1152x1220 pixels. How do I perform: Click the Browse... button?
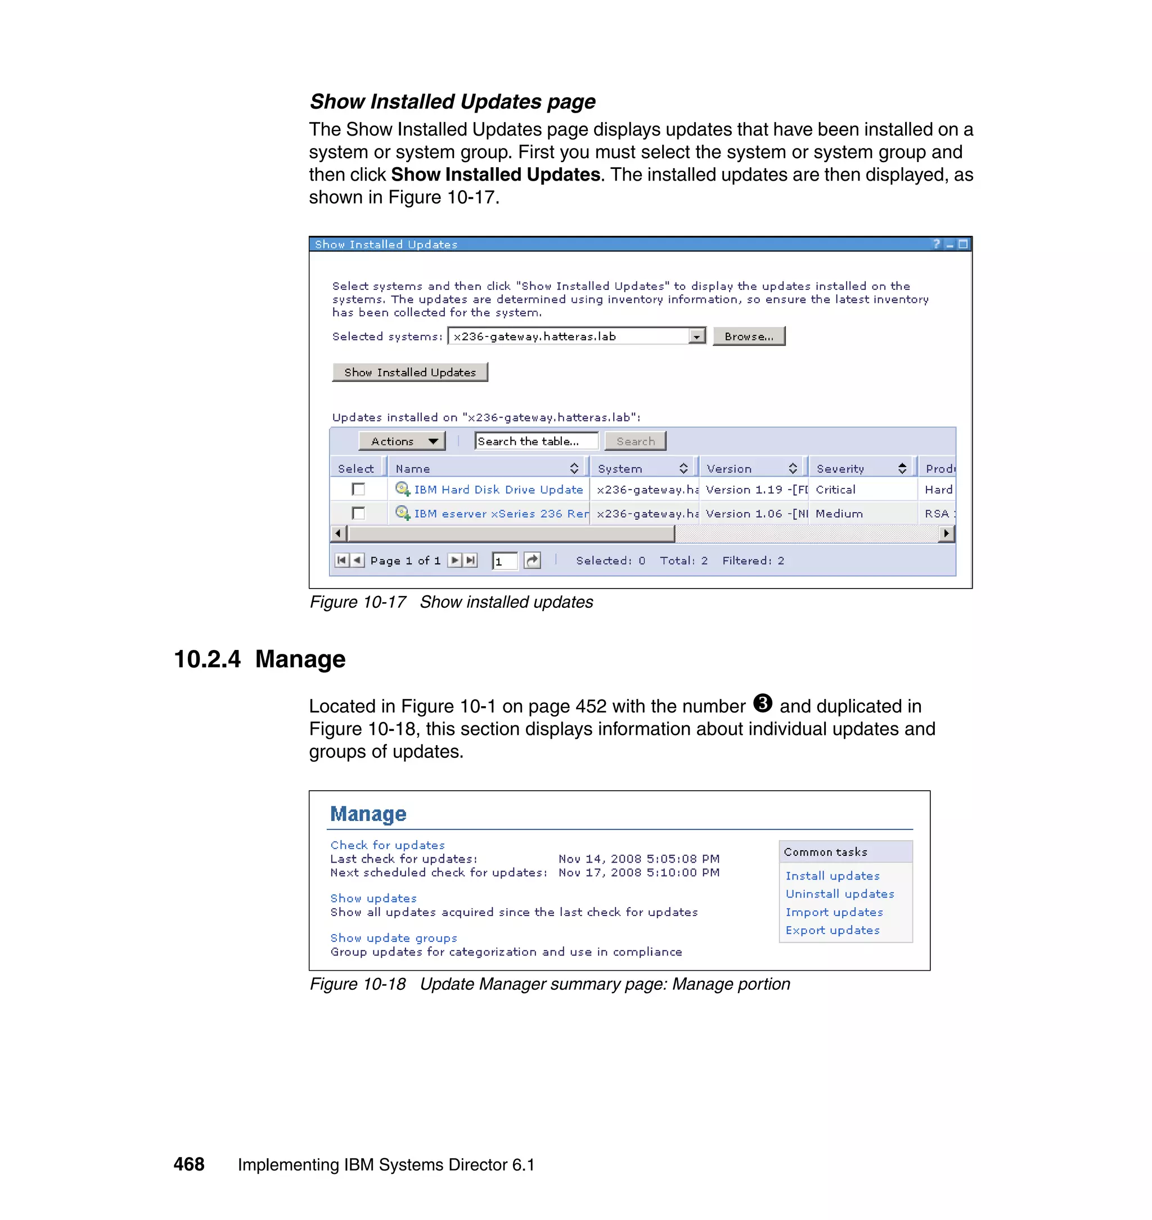(749, 336)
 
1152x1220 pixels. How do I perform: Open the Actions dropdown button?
(403, 441)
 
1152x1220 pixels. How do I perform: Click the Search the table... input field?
(535, 441)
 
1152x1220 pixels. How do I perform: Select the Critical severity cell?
(835, 490)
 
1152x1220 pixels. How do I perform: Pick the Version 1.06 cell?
(753, 514)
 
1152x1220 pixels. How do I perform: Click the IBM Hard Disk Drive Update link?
(498, 490)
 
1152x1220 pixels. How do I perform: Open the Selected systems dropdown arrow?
(696, 337)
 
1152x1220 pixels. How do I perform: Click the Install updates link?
(832, 876)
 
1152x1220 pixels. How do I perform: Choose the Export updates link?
(832, 930)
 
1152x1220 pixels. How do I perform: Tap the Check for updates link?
(388, 845)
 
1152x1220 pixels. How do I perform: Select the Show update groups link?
(394, 938)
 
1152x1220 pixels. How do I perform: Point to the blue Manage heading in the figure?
(368, 813)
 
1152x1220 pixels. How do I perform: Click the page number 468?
(188, 1164)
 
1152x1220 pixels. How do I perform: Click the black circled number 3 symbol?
(762, 703)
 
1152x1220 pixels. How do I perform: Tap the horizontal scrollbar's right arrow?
(947, 533)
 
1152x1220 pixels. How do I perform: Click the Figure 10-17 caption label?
(357, 602)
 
